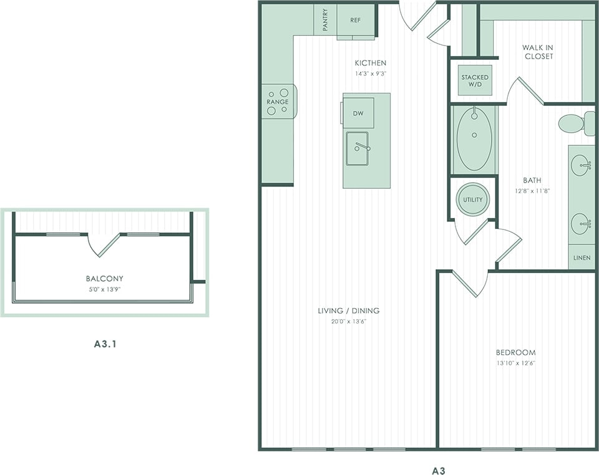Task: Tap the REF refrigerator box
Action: coord(355,20)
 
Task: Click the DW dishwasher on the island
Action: coord(358,113)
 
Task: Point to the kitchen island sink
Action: coord(358,148)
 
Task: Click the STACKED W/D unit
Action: coord(475,80)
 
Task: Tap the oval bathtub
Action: coord(474,138)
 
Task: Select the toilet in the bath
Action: coord(574,123)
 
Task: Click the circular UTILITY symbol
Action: coord(473,199)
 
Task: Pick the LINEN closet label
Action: coord(581,257)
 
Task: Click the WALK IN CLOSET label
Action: coord(537,52)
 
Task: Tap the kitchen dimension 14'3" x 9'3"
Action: coord(370,74)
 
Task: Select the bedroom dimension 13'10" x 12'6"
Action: coord(515,363)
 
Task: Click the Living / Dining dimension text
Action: coord(349,322)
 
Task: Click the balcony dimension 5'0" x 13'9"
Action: coord(104,289)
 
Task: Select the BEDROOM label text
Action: coord(515,352)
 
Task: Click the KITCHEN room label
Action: coord(370,63)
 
